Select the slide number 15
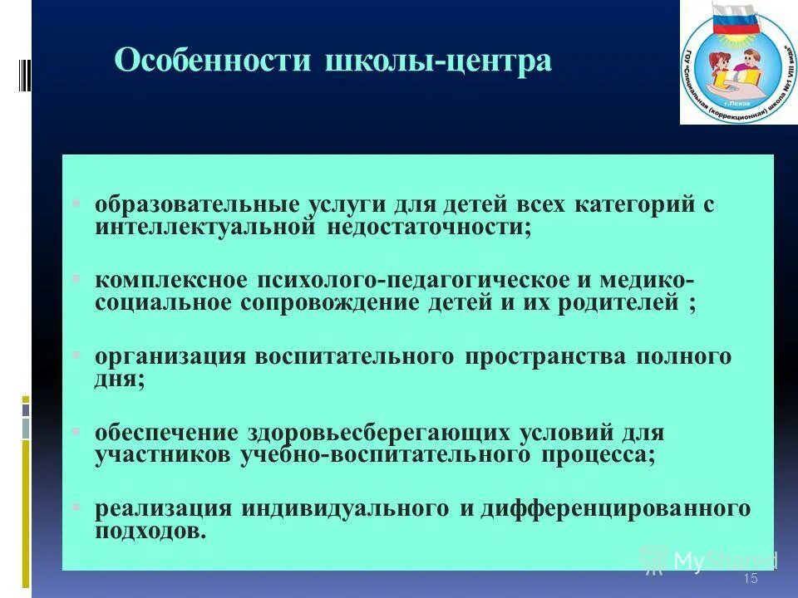click(x=751, y=579)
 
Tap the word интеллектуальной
click(x=203, y=225)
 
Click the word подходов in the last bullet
click(x=150, y=530)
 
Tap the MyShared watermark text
click(x=724, y=561)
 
